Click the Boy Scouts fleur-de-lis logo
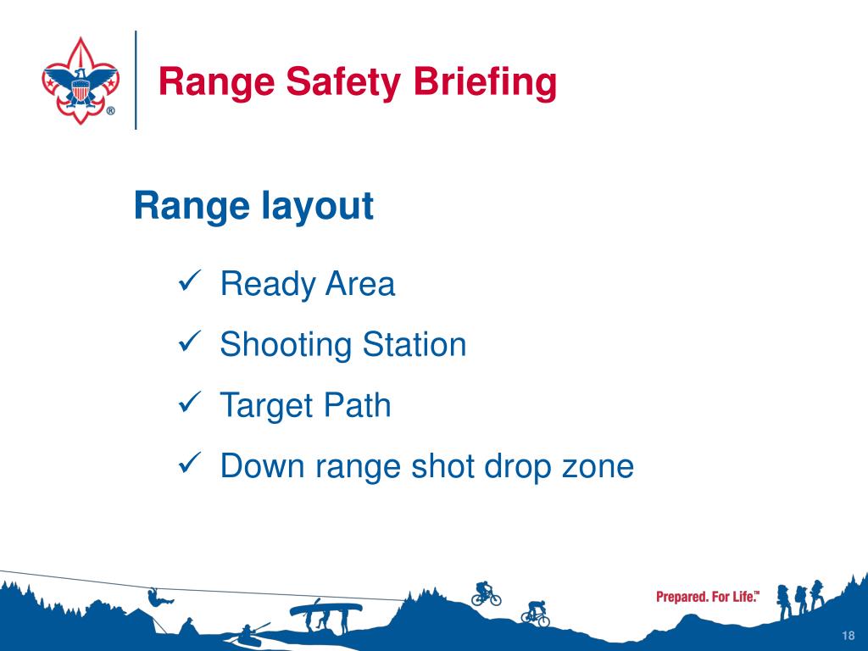click(81, 81)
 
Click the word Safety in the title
click(342, 82)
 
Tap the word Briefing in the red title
click(485, 82)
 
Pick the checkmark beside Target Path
click(191, 403)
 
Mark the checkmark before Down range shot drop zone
click(191, 463)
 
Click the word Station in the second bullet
click(414, 344)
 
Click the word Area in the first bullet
click(359, 283)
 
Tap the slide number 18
click(848, 635)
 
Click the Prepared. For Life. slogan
click(708, 597)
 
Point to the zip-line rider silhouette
click(159, 596)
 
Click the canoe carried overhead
click(326, 609)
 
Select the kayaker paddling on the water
click(250, 634)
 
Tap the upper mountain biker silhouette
click(486, 593)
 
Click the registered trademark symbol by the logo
click(111, 111)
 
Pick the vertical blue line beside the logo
click(136, 80)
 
